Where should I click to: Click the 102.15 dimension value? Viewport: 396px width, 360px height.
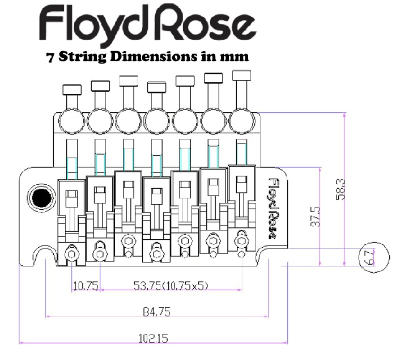[x=154, y=338]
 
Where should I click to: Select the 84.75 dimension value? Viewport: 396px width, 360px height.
[x=156, y=312]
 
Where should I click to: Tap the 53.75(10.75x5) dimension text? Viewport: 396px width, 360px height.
[x=171, y=286]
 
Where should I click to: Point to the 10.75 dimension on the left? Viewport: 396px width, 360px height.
[x=86, y=286]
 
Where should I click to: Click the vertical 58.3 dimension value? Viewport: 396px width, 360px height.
[x=340, y=189]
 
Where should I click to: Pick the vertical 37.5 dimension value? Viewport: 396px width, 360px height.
[x=315, y=217]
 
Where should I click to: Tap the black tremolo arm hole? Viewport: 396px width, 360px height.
[x=42, y=198]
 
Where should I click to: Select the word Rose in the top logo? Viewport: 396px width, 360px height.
[x=205, y=23]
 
